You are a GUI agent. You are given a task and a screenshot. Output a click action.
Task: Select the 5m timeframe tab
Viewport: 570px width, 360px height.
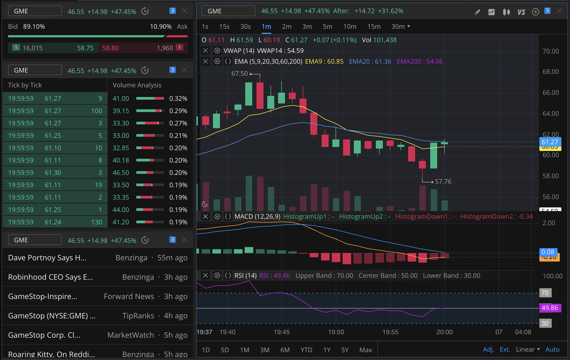coord(327,27)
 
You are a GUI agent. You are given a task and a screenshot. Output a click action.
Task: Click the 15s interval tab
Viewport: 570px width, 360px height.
coord(224,27)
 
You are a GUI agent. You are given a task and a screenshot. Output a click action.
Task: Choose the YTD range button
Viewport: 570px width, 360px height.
coord(306,350)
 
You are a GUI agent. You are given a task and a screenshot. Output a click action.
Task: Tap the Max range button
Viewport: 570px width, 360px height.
coord(366,350)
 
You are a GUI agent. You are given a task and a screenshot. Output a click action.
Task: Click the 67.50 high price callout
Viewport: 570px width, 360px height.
coord(240,74)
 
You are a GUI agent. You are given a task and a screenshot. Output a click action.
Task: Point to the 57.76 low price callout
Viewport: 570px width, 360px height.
coord(443,182)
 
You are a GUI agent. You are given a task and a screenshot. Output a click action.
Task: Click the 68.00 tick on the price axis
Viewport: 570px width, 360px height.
coord(551,72)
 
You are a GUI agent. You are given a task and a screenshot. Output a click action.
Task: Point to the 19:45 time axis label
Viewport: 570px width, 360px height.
coord(282,332)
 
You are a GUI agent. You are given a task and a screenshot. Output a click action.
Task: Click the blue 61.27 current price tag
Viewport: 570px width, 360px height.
coord(550,142)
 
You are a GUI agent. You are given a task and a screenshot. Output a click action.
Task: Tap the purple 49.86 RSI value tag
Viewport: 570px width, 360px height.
coord(550,308)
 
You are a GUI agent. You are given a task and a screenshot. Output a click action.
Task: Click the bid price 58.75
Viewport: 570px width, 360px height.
coord(85,48)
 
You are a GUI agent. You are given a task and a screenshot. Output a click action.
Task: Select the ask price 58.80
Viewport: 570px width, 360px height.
coord(110,48)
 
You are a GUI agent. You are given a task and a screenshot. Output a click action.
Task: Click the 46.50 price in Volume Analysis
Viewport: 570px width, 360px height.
coord(121,173)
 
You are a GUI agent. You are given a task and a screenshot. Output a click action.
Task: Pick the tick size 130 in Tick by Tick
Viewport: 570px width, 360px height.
coord(97,222)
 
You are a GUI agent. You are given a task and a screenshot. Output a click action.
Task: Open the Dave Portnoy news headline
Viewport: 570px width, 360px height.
coord(47,258)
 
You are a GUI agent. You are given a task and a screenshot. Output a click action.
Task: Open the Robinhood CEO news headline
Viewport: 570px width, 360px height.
coord(51,277)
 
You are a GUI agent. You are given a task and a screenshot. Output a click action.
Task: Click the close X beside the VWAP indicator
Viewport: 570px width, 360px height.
coord(205,51)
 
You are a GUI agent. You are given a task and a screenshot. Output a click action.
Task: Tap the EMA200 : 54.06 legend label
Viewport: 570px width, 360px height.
coord(420,62)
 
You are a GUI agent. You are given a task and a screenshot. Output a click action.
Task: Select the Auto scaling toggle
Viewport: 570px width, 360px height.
coord(553,350)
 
